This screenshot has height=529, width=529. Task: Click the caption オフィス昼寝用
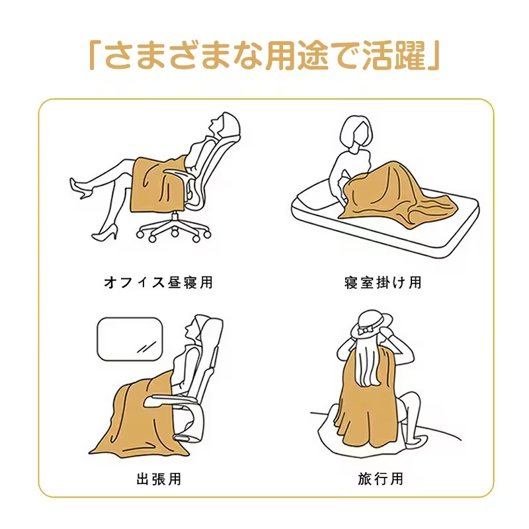159,282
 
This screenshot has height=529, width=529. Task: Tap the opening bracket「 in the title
94,56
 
